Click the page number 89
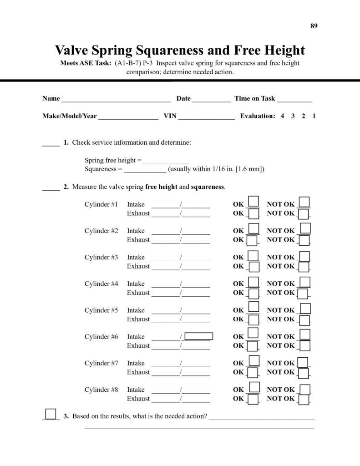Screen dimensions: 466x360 (314, 25)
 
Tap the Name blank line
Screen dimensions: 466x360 (116, 99)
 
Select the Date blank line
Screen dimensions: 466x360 (212, 99)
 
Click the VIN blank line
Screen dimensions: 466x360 (207, 116)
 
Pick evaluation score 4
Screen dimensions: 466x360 (282, 116)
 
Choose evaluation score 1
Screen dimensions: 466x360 (314, 116)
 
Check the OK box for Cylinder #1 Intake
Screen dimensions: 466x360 (254, 202)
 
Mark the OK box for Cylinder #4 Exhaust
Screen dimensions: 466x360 (254, 293)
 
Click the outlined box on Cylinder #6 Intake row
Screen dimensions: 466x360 (199, 337)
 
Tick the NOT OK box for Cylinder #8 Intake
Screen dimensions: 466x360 (305, 390)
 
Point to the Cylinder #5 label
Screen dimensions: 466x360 (101, 310)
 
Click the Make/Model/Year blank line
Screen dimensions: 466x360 (128, 116)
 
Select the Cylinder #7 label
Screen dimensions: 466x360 (101, 363)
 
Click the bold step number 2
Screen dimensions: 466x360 (66, 187)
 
